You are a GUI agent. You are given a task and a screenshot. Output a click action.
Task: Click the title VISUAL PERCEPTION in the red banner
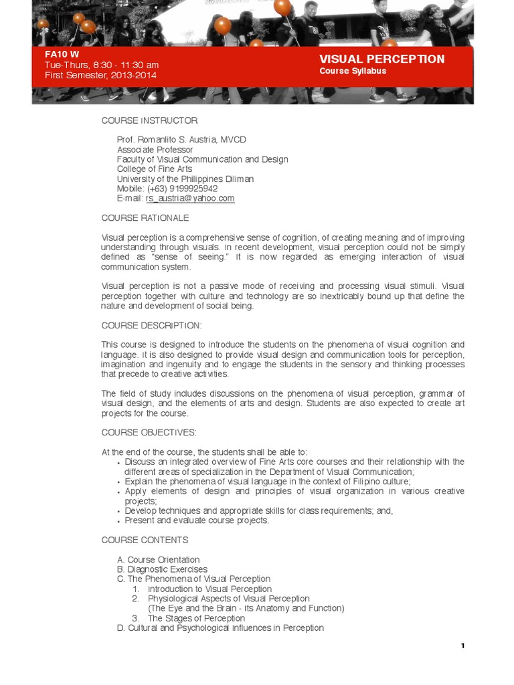tap(381, 59)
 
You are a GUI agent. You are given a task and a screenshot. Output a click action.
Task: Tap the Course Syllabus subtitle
tap(353, 71)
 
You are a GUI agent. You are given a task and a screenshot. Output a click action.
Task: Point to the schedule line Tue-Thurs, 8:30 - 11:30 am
tap(102, 65)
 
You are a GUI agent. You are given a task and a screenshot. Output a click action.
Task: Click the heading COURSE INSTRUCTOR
tap(150, 120)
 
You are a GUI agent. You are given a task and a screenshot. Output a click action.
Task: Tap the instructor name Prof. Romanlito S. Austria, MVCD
tap(181, 140)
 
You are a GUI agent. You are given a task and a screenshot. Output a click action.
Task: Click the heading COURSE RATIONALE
tap(145, 218)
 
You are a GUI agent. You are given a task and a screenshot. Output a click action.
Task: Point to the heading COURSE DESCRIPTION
tap(151, 325)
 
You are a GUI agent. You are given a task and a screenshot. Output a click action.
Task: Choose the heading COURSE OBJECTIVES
tap(149, 433)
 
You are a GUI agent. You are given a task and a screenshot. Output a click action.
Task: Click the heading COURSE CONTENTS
tap(145, 540)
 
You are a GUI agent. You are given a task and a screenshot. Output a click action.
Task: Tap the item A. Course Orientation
tap(158, 560)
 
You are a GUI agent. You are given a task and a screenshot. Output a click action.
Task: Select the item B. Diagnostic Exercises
tap(162, 569)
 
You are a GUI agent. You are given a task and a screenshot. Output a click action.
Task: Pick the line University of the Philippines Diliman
tap(185, 179)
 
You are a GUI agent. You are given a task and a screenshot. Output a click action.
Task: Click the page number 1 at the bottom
tap(462, 646)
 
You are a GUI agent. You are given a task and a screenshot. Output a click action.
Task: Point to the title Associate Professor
tap(155, 150)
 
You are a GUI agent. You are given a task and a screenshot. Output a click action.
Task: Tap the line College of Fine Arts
tap(155, 169)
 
